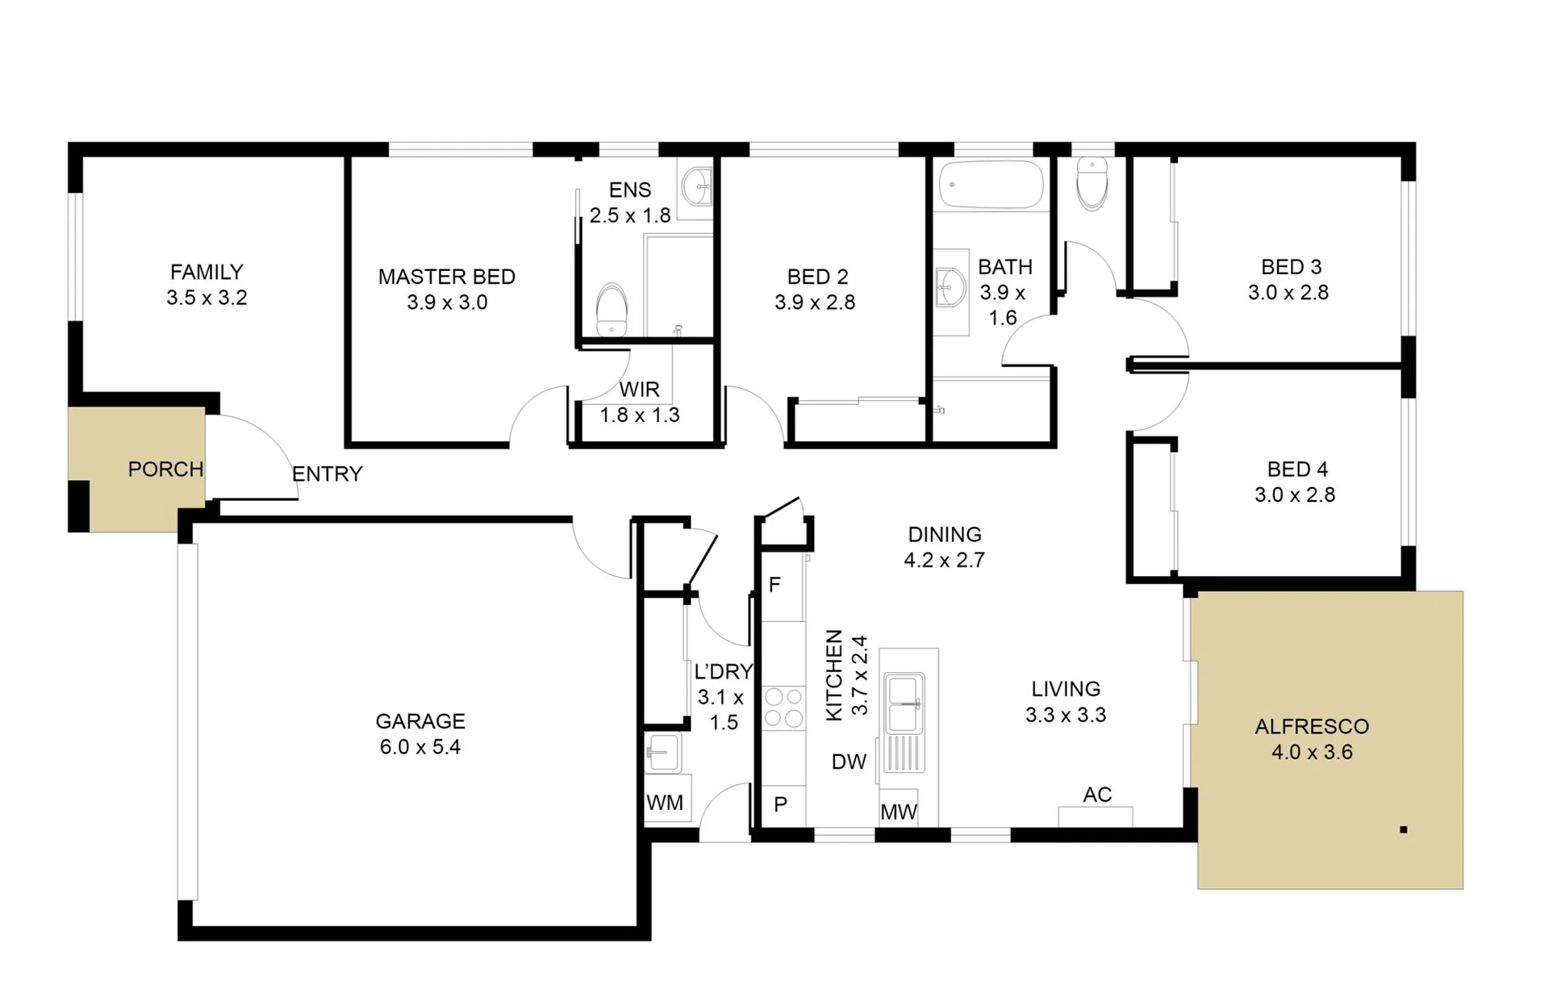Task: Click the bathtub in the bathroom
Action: coord(991,185)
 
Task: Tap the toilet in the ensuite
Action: coord(612,309)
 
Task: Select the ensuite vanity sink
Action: coord(697,187)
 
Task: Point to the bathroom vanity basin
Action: coord(950,287)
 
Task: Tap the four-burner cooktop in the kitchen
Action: coord(783,707)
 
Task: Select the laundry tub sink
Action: coord(663,753)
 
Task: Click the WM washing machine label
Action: coord(665,803)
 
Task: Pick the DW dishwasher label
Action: coord(849,762)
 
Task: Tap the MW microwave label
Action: coord(898,812)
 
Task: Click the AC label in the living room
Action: coord(1097,795)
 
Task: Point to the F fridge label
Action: coord(774,585)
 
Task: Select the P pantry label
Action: coord(780,804)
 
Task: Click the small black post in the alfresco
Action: coord(1404,829)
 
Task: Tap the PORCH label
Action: coord(165,470)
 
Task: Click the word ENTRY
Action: coord(327,474)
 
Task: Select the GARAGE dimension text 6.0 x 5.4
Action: coord(420,747)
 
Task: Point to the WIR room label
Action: coord(639,390)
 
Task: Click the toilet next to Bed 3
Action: coord(1092,184)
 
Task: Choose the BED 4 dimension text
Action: coord(1295,495)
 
